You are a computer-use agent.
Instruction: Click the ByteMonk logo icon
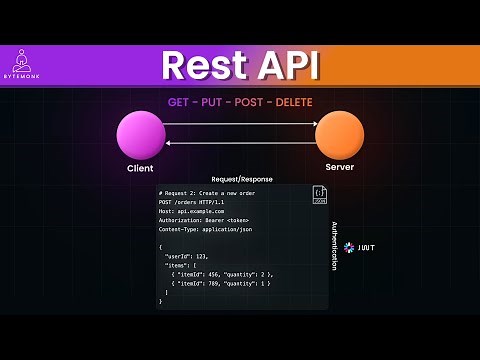(x=33, y=58)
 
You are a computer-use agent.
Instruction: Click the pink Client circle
(x=140, y=135)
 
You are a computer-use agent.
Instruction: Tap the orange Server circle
(x=339, y=135)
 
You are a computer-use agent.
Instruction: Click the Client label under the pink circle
(x=140, y=168)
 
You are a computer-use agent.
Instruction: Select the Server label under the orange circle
(x=339, y=167)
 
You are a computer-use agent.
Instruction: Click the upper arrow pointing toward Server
(x=240, y=124)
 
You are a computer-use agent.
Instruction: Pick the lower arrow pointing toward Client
(x=240, y=143)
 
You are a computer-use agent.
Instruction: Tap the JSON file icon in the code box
(x=319, y=195)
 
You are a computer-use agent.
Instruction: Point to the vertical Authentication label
(x=334, y=246)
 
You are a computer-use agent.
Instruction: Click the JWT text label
(x=366, y=246)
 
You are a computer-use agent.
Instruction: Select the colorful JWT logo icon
(x=349, y=246)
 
